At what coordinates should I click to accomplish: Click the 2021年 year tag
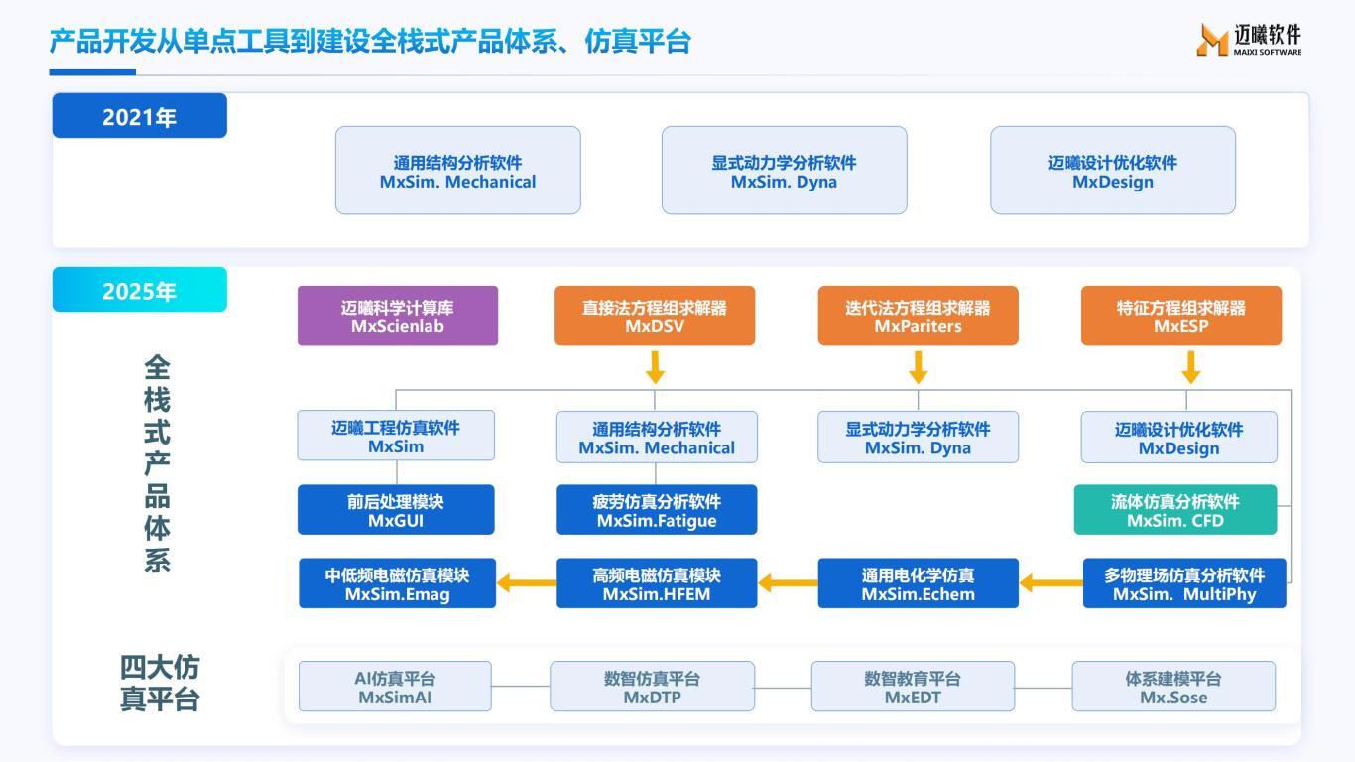[139, 116]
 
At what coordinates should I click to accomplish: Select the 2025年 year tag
[139, 290]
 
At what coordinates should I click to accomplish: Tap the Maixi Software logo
[1249, 40]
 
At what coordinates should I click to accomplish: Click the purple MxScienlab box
[397, 316]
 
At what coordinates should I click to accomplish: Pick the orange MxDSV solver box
[654, 316]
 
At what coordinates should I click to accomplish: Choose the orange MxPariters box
[918, 316]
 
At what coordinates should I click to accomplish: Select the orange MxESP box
[1180, 316]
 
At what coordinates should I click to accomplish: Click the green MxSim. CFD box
[1174, 510]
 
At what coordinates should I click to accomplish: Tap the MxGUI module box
[396, 510]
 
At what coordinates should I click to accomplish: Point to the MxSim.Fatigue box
[656, 510]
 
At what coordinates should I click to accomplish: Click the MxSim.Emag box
[397, 583]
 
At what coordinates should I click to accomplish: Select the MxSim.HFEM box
[656, 583]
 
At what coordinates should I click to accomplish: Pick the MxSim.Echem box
[918, 583]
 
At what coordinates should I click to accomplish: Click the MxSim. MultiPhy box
[1184, 583]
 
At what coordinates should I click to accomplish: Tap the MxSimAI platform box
[395, 687]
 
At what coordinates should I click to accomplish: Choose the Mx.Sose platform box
[1173, 687]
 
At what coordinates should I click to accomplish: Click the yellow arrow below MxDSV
[655, 369]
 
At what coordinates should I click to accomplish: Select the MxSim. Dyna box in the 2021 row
[784, 171]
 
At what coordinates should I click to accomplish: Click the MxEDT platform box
[913, 687]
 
